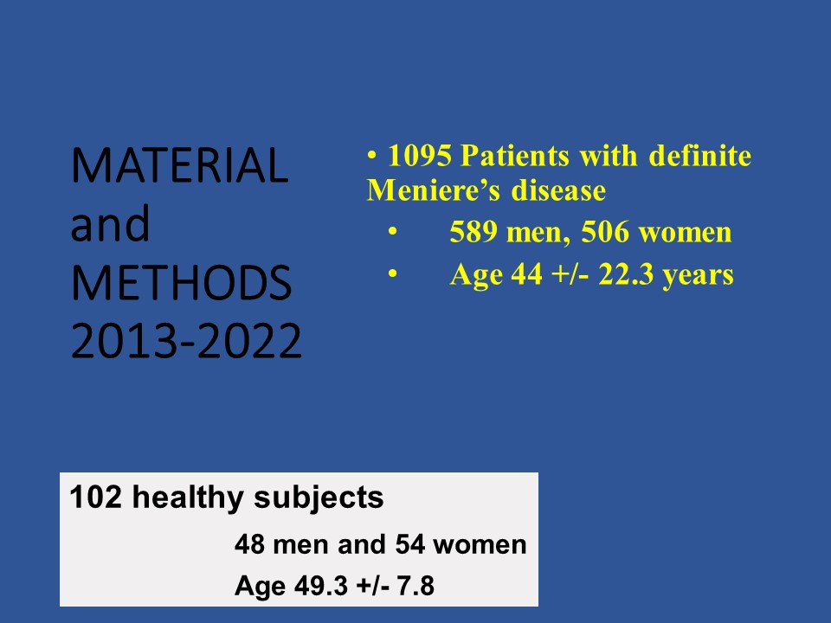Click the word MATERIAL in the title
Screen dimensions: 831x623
click(180, 165)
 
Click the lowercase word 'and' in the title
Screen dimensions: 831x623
click(110, 224)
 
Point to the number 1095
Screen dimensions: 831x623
click(420, 156)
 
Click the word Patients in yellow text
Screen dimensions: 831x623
click(515, 156)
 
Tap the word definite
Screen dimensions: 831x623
click(700, 156)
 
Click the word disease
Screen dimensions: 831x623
click(558, 190)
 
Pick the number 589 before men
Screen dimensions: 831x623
click(473, 232)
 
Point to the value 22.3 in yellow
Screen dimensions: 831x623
click(626, 274)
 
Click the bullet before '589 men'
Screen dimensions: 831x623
click(393, 231)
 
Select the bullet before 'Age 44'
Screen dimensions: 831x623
click(393, 273)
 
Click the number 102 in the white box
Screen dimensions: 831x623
click(95, 498)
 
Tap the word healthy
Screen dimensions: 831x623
click(188, 498)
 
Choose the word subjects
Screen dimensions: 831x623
click(319, 498)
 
